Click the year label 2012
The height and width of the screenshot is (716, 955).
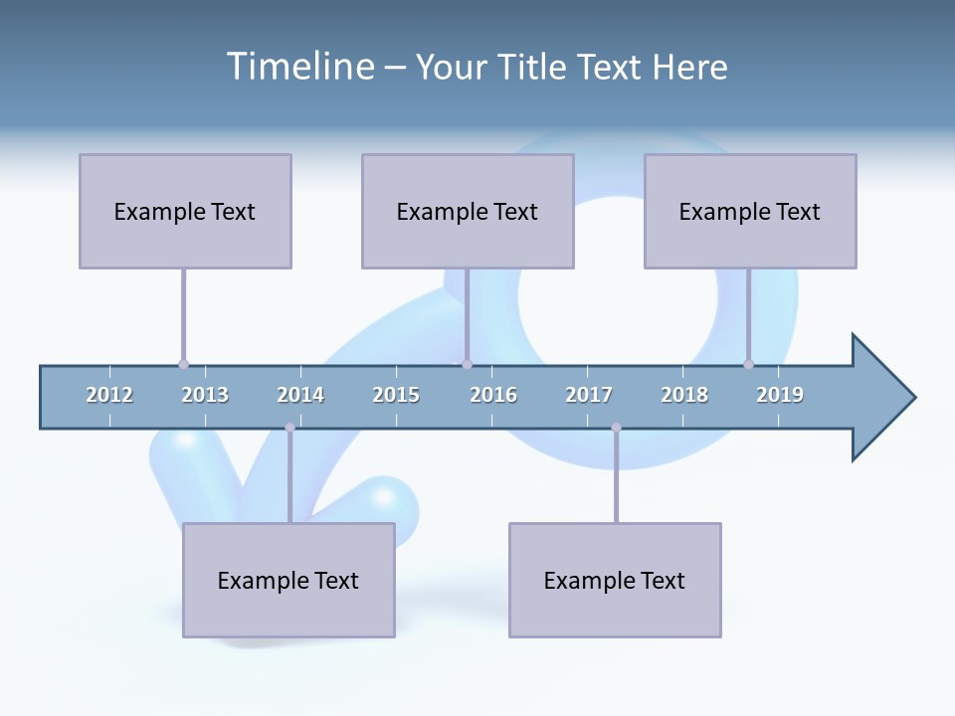coord(109,395)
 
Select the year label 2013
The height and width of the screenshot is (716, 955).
coord(205,395)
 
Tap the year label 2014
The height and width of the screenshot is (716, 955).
coord(300,395)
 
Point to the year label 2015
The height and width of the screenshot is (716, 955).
coord(396,395)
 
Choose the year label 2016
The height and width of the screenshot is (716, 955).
coord(493,395)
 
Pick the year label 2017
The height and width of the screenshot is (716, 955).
coord(589,395)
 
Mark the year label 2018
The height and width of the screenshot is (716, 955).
coord(684,395)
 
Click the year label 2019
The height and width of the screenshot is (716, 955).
coord(780,395)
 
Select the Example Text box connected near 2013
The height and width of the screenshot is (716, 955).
coord(185,211)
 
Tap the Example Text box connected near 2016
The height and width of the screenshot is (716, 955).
coord(468,211)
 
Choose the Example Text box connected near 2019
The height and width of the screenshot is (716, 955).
coord(750,211)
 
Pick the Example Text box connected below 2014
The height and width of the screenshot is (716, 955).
coord(288,580)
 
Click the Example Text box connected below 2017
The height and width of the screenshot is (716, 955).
coord(615,580)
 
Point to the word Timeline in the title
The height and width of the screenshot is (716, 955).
coord(298,66)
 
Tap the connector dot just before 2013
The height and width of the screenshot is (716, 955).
coord(183,364)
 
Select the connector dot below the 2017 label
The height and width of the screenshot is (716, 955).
coord(616,428)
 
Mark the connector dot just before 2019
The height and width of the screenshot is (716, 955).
coord(748,364)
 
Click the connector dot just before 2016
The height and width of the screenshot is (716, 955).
coord(467,364)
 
